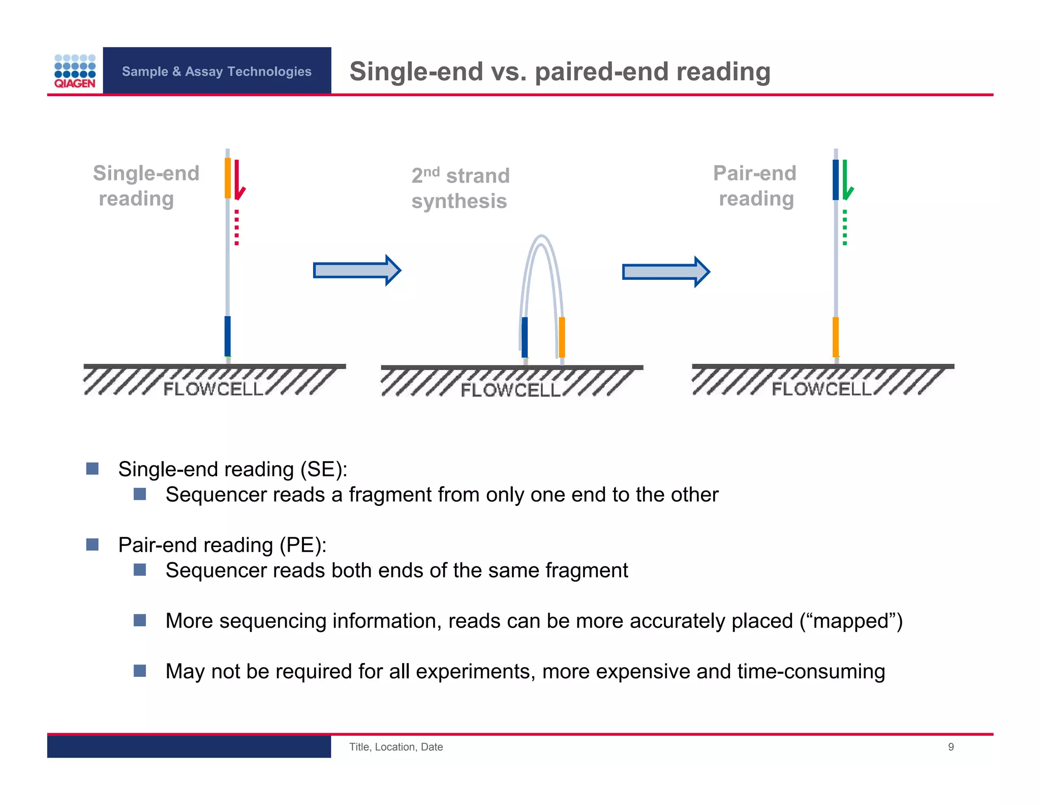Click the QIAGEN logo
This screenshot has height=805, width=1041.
75,71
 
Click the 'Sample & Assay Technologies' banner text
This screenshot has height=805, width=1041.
217,71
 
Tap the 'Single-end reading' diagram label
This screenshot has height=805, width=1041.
145,186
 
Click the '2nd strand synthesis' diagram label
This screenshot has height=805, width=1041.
460,188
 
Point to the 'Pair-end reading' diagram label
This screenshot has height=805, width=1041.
755,186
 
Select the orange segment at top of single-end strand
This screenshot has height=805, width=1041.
228,178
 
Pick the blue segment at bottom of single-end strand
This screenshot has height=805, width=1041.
228,336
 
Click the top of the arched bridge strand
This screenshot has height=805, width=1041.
542,238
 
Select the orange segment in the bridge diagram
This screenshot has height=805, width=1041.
562,337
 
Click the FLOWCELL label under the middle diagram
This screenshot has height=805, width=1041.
510,390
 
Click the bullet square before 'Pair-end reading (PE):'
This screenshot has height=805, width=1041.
93,544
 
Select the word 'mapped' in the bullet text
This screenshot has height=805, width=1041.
850,621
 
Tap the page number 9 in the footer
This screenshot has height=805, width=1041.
951,747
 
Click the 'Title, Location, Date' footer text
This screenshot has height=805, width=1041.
396,747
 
